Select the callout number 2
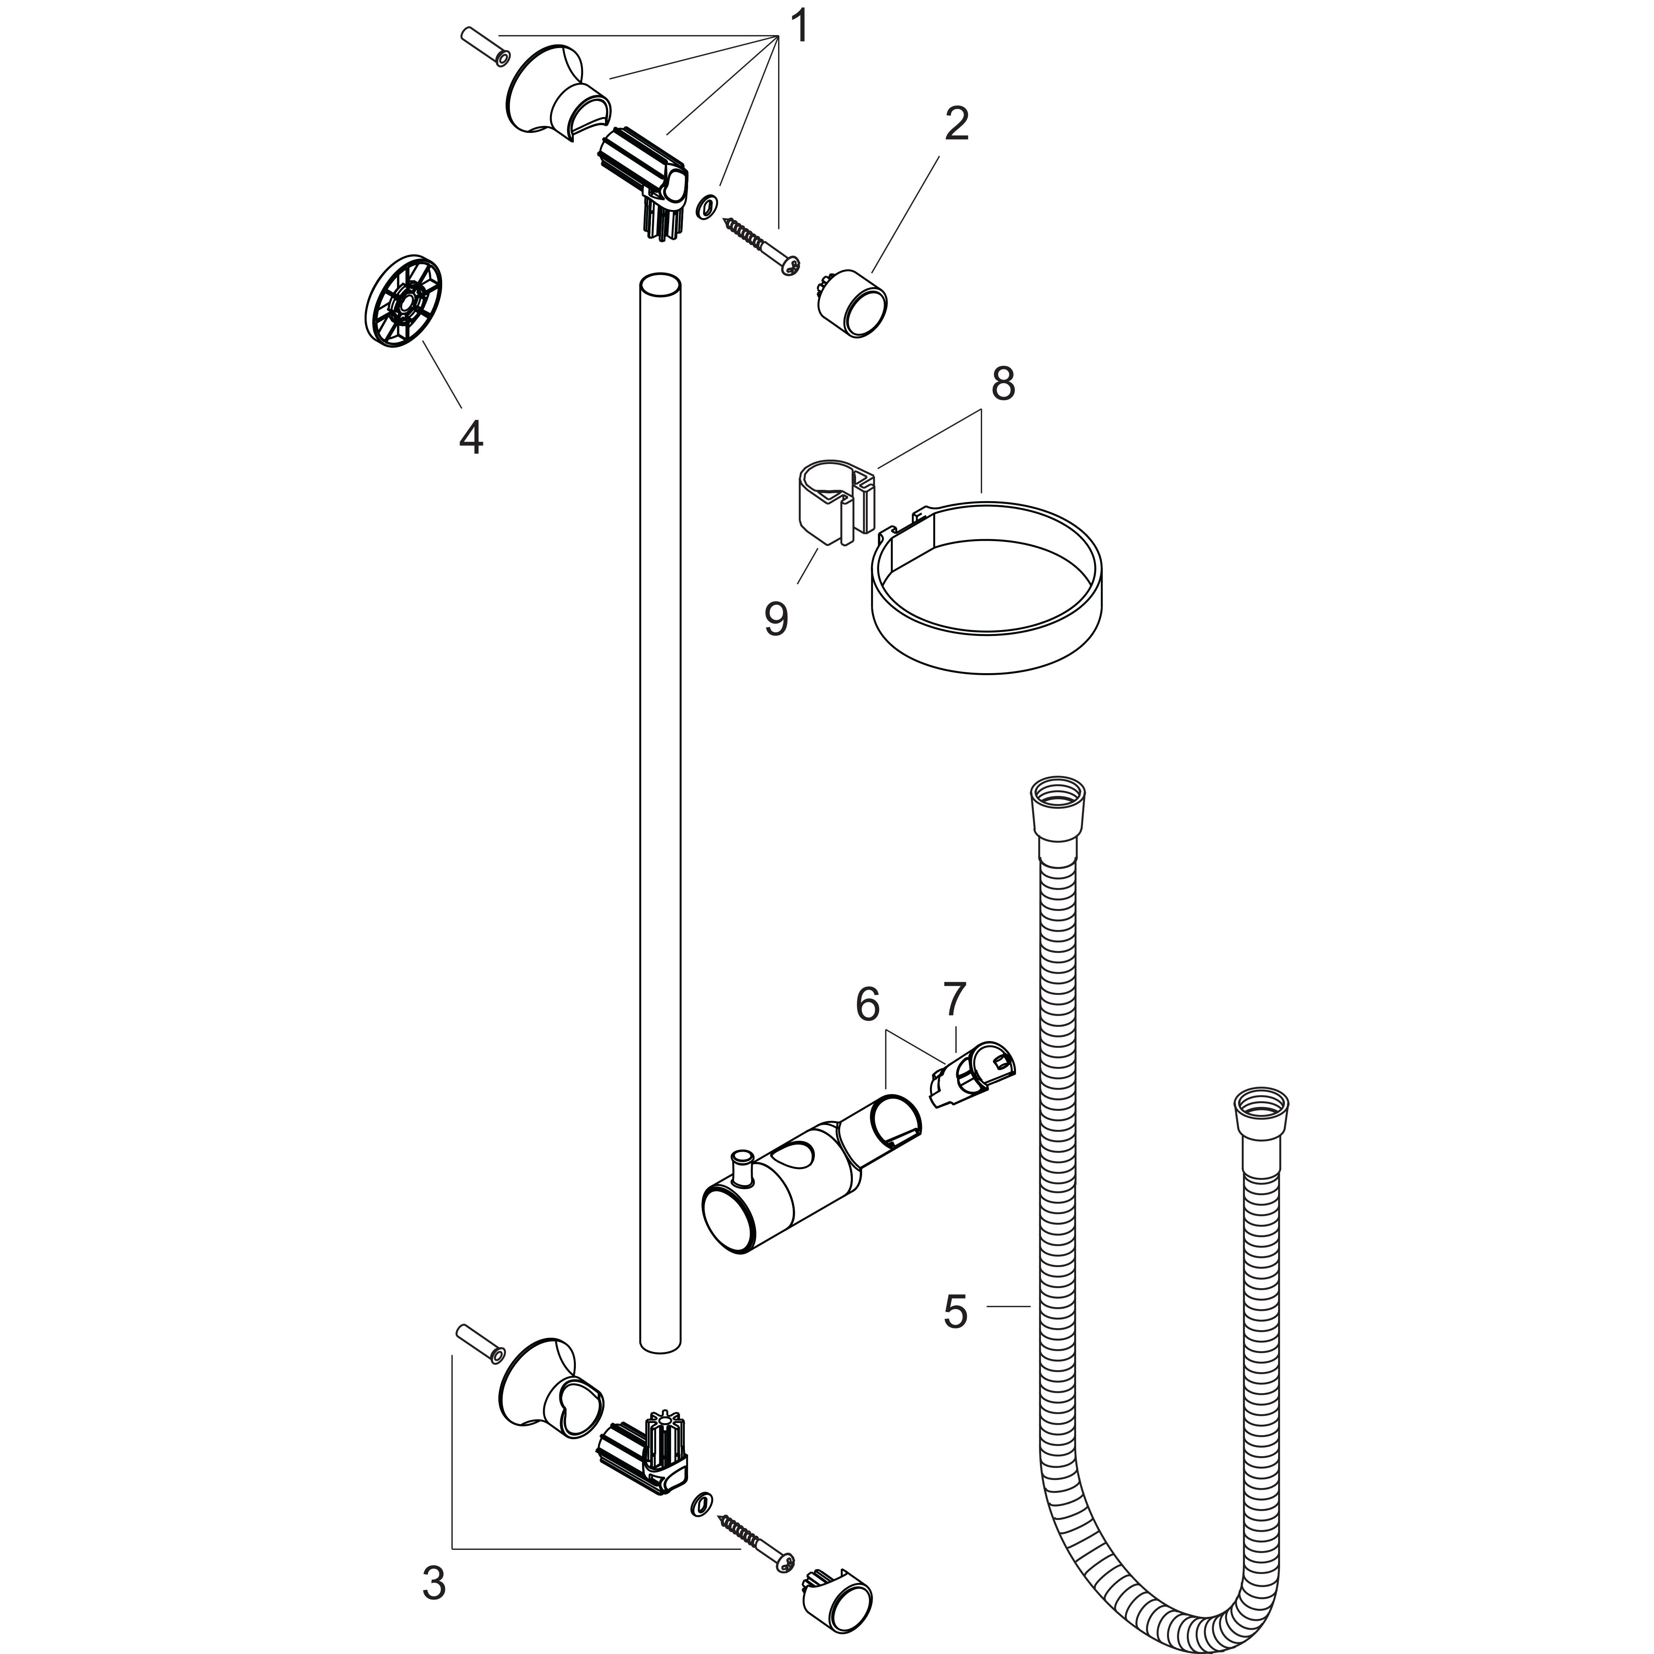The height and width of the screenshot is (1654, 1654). click(956, 125)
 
